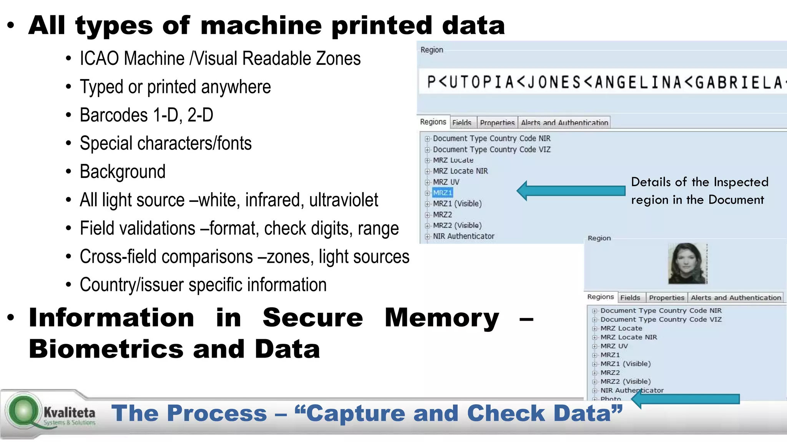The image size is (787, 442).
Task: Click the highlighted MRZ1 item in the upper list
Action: (442, 193)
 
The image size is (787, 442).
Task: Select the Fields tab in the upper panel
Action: (462, 123)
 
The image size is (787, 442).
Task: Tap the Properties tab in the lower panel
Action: (666, 298)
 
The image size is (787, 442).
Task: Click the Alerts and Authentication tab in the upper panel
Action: (564, 123)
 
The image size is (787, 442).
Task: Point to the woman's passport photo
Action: (687, 264)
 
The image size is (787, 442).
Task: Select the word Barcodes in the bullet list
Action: (114, 115)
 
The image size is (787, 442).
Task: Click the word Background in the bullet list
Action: (123, 172)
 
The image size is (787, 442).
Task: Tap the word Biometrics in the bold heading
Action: (106, 349)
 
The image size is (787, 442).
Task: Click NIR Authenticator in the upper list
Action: (463, 236)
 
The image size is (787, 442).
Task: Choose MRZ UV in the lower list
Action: (614, 346)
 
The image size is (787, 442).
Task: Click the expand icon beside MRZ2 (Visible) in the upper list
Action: (427, 226)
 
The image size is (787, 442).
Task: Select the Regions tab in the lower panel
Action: (600, 297)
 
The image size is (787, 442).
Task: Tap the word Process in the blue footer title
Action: (217, 413)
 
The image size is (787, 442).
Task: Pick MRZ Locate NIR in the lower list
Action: (629, 337)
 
